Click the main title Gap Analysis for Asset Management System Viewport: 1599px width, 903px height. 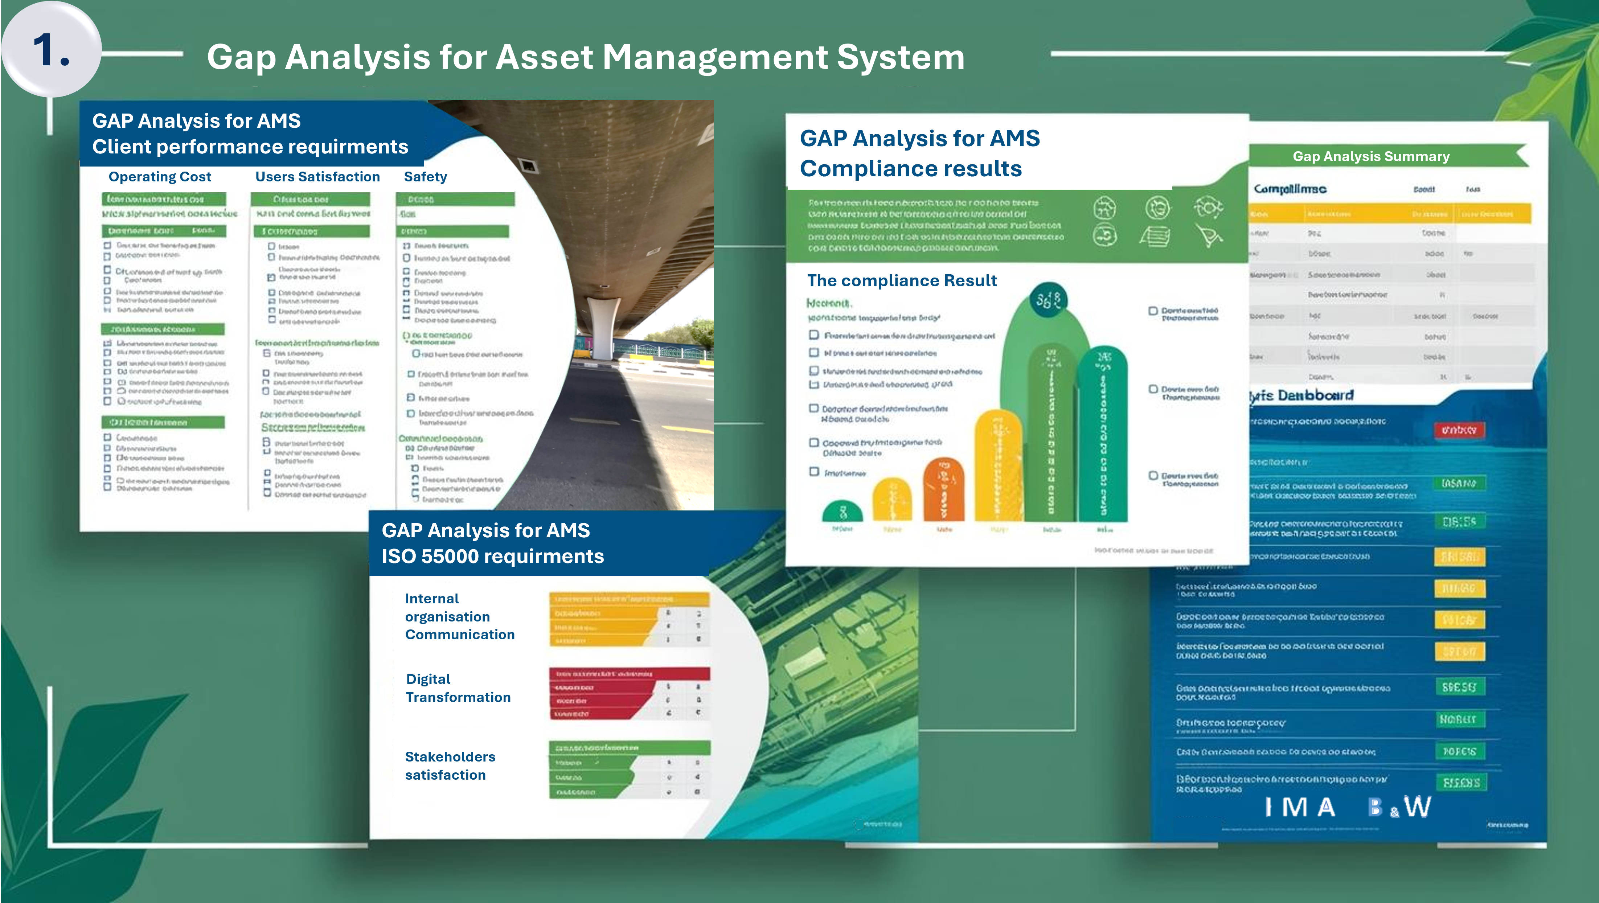585,57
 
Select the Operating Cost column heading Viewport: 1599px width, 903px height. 160,177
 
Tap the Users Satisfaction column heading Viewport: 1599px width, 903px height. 317,177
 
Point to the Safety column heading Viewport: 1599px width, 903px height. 425,177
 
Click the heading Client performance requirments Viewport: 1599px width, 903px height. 250,147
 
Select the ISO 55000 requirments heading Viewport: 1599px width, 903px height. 492,556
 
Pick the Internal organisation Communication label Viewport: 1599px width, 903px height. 459,616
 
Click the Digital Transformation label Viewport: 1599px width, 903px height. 458,688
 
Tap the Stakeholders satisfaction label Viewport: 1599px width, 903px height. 450,766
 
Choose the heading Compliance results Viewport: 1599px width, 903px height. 911,169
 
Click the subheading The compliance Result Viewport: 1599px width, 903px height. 901,280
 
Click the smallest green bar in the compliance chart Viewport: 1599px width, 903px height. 842,512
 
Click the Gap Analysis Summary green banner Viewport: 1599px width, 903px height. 1370,156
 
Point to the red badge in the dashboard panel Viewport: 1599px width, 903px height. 1459,430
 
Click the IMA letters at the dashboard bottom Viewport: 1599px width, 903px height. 1300,808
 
